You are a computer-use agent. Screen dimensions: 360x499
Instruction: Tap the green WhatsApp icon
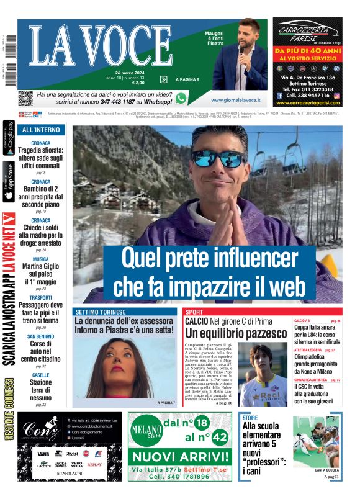tap(181, 98)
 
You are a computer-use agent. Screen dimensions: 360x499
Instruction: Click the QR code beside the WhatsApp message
tap(25, 98)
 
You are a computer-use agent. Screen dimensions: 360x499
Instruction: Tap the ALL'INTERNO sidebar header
tap(41, 130)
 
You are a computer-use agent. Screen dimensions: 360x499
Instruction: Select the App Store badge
tap(9, 182)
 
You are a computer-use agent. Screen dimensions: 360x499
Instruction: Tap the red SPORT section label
tap(194, 311)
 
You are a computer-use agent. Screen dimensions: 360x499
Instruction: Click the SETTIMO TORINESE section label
tap(101, 311)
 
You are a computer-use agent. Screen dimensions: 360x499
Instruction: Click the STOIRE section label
tap(250, 418)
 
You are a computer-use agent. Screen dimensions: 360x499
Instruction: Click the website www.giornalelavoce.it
tap(235, 99)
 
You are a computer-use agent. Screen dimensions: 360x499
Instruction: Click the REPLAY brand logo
tap(94, 464)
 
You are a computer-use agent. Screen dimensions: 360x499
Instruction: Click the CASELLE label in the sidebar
tap(41, 375)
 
